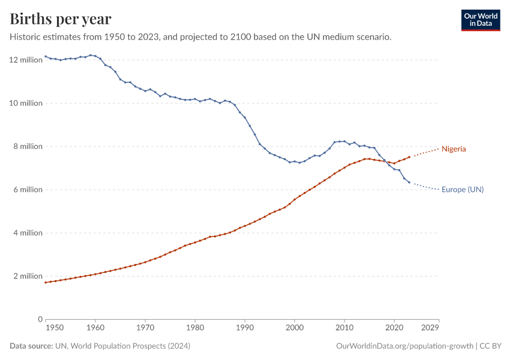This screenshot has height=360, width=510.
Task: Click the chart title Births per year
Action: pyautogui.click(x=61, y=19)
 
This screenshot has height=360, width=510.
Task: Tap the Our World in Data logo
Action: pyautogui.click(x=480, y=20)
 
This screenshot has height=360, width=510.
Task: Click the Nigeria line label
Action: pyautogui.click(x=454, y=149)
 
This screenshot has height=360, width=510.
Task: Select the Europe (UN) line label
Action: pyautogui.click(x=462, y=190)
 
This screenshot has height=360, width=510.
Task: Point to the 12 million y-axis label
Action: pyautogui.click(x=25, y=60)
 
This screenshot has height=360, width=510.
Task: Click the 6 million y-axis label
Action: pyautogui.click(x=28, y=190)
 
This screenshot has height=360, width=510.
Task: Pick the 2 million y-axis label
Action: pyautogui.click(x=28, y=276)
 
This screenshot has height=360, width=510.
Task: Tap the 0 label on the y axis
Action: pyautogui.click(x=40, y=319)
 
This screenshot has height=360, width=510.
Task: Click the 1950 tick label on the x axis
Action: pyautogui.click(x=55, y=328)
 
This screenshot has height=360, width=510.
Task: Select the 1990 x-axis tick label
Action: pyautogui.click(x=244, y=328)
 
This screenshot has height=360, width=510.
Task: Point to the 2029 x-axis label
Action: pyautogui.click(x=430, y=328)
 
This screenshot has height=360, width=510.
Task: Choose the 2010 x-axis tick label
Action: pyautogui.click(x=344, y=328)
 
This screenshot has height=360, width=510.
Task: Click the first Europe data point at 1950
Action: pyautogui.click(x=46, y=56)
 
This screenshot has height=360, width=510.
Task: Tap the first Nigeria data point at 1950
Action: pyautogui.click(x=46, y=283)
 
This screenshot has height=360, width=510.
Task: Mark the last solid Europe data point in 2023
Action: pyautogui.click(x=409, y=182)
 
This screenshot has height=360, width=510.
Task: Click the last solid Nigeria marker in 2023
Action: pyautogui.click(x=409, y=157)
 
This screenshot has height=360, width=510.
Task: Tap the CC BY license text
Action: pyautogui.click(x=491, y=346)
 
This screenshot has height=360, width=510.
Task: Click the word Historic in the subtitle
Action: pyautogui.click(x=26, y=37)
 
